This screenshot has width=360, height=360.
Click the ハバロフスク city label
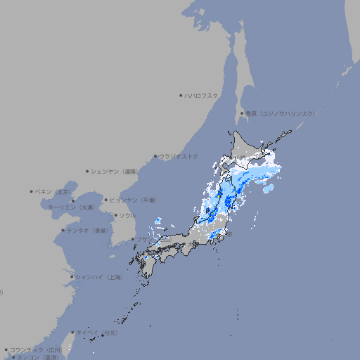pyautogui.click(x=202, y=95)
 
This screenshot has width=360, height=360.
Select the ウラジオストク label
pyautogui.click(x=179, y=156)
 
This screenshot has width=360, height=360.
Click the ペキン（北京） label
pyautogui.click(x=53, y=191)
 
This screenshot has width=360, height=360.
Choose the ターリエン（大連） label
pyautogui.click(x=71, y=207)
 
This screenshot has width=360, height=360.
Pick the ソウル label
pyautogui.click(x=127, y=215)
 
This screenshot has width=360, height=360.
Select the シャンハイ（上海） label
pyautogui.click(x=99, y=277)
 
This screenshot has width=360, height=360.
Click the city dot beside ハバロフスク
pyautogui.click(x=181, y=95)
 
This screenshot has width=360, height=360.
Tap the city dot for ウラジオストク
pyautogui.click(x=155, y=156)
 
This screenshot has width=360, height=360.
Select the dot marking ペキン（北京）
pyautogui.click(x=32, y=191)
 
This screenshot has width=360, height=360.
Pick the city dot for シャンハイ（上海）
pyautogui.click(x=72, y=277)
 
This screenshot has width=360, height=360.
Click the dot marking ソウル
pyautogui.click(x=115, y=215)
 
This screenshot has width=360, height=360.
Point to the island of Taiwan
pyautogui.click(x=69, y=343)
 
